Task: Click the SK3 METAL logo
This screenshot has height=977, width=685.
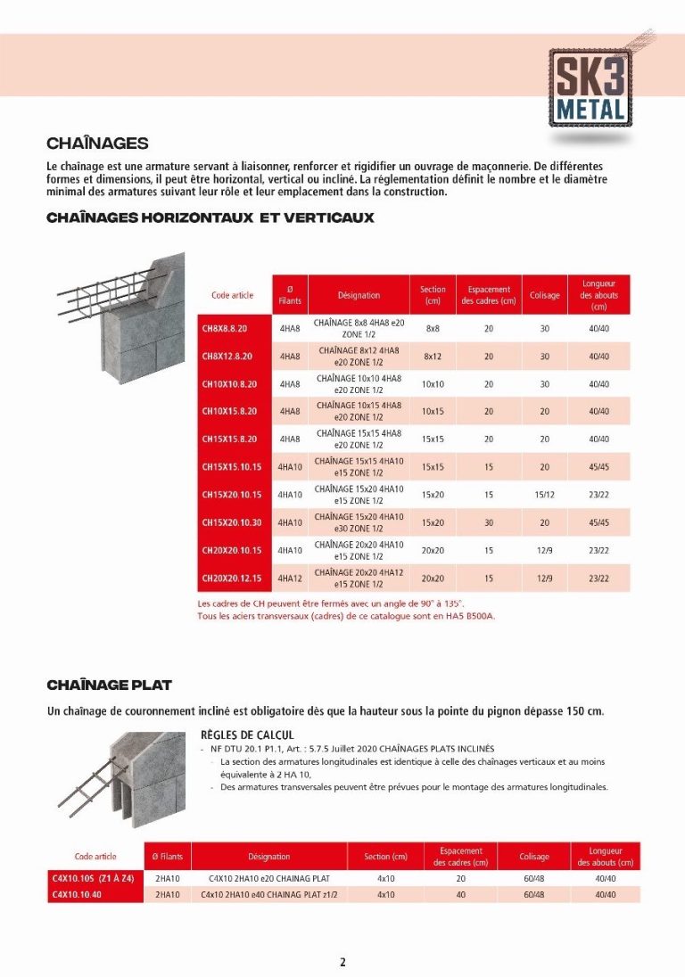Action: click(x=590, y=88)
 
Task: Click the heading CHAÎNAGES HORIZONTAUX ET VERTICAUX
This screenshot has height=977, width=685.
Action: click(x=210, y=218)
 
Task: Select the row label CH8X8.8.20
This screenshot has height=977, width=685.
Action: click(x=224, y=329)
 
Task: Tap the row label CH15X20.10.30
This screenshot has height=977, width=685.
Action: click(x=231, y=522)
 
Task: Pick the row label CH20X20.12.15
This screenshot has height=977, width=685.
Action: click(x=231, y=579)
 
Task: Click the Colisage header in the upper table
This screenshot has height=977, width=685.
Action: click(x=544, y=295)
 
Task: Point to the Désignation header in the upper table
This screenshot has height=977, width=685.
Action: click(x=359, y=295)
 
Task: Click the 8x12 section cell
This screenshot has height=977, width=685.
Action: click(x=433, y=357)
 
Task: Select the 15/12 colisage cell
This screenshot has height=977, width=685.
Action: click(x=544, y=495)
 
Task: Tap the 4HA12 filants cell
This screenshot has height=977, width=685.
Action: click(x=290, y=579)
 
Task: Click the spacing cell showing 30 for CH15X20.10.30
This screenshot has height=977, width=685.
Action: click(x=489, y=522)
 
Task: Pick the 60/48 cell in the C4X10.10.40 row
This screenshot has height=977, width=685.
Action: click(x=534, y=894)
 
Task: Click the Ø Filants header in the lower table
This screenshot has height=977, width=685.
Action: click(x=167, y=857)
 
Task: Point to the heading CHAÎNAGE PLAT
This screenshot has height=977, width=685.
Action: click(x=110, y=685)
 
